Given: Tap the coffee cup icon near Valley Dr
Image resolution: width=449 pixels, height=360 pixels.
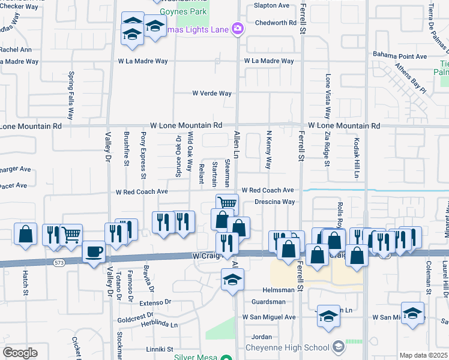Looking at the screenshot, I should point(93,251).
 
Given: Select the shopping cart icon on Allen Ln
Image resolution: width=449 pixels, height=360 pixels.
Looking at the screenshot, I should point(228,205).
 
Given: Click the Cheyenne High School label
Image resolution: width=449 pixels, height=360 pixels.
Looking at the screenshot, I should point(288,347).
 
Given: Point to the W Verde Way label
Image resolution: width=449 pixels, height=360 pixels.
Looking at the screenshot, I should point(211,94).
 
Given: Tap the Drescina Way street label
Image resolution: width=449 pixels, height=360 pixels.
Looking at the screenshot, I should point(274,202).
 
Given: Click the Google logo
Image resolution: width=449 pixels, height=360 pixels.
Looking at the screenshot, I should point(20,353).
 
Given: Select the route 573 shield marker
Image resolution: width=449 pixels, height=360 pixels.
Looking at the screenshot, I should point(58,263).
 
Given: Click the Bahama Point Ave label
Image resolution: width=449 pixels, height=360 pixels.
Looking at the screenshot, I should point(399,56).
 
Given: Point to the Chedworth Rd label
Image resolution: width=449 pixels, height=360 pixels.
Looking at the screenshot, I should point(276,23).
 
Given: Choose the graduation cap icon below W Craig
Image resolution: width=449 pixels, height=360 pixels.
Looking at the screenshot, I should point(232,279).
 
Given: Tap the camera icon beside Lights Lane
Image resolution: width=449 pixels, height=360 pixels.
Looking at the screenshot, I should point(238,29).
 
